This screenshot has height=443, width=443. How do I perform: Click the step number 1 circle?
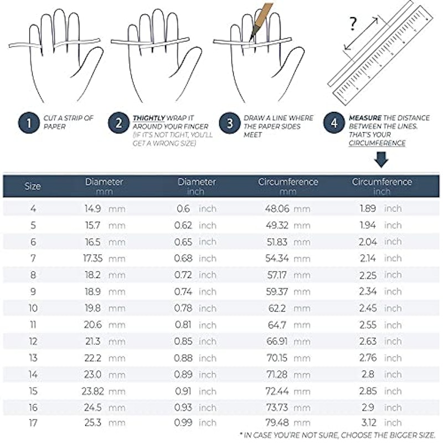click(29, 123)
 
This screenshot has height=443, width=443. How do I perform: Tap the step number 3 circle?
click(230, 123)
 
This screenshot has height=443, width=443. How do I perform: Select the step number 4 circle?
click(334, 123)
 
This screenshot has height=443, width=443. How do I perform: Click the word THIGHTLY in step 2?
click(149, 118)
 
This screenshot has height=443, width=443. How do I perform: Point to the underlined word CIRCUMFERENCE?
click(377, 143)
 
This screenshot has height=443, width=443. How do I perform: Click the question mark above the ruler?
click(353, 24)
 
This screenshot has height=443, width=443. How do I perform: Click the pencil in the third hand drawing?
click(260, 21)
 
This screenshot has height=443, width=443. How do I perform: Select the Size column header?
click(33, 186)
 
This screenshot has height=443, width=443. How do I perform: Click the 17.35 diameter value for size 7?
click(93, 258)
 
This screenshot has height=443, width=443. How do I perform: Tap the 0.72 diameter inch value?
click(183, 275)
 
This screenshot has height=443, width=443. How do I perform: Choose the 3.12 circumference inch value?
click(369, 423)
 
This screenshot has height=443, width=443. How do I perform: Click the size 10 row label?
click(33, 308)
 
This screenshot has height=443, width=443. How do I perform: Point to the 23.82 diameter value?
click(92, 392)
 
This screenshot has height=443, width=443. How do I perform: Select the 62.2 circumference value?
click(277, 308)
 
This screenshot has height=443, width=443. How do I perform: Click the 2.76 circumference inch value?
click(368, 358)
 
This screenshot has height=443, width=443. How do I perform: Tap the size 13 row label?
click(33, 358)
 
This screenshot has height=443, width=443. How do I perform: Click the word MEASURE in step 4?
click(365, 118)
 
